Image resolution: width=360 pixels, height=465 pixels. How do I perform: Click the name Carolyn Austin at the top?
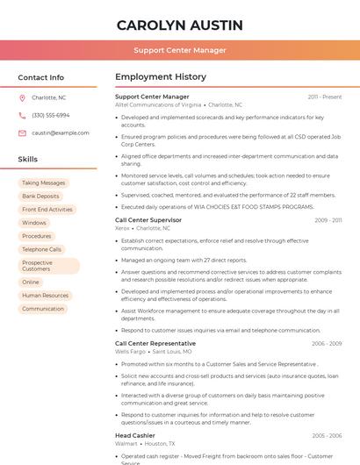(180, 25)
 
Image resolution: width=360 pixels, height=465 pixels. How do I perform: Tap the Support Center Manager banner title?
(180, 50)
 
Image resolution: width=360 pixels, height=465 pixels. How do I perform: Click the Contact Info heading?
(40, 77)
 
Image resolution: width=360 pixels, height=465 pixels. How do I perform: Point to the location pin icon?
(22, 97)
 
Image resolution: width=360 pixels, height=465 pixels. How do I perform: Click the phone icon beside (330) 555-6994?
(22, 115)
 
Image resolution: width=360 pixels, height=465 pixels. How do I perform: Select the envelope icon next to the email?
(22, 132)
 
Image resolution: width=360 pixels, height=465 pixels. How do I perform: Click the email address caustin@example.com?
(61, 132)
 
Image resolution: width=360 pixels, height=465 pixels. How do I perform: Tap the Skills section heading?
(28, 159)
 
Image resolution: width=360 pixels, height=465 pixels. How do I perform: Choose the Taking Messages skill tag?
(44, 183)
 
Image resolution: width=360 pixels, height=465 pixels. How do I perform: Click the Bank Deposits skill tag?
(41, 197)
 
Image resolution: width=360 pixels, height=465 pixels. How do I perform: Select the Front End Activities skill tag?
(47, 210)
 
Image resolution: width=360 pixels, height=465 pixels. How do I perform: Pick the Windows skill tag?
(34, 223)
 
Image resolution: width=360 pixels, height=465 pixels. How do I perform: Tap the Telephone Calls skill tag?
(42, 249)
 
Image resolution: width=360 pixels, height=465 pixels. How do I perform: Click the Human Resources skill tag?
(46, 296)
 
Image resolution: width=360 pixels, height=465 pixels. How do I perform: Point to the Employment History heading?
(161, 77)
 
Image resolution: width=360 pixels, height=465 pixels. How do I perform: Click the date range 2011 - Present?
(325, 97)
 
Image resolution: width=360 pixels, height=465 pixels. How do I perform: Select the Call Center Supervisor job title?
(148, 220)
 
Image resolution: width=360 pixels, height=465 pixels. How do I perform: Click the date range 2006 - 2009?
(327, 344)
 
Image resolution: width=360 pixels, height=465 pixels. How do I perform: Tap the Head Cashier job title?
(135, 435)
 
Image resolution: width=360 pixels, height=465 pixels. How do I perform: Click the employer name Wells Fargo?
(130, 351)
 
